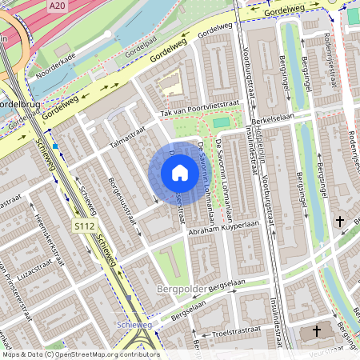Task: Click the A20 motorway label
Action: tap(55, 6)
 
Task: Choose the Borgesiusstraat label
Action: tap(124, 193)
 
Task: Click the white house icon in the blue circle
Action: tap(179, 173)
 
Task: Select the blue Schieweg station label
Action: tap(134, 325)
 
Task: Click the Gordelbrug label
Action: tap(14, 105)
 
